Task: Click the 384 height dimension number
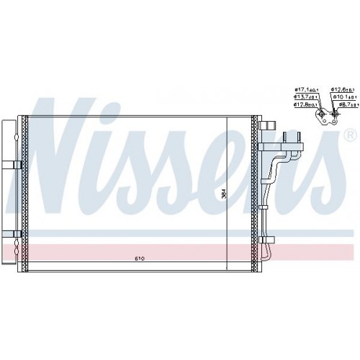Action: (x=223, y=194)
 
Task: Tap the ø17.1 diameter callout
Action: (x=302, y=90)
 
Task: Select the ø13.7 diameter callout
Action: (x=302, y=96)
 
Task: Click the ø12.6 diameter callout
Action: (x=341, y=90)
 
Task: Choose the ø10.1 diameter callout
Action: (x=342, y=96)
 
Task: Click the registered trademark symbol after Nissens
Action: (x=350, y=135)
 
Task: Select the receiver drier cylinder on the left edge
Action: (x=6, y=187)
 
